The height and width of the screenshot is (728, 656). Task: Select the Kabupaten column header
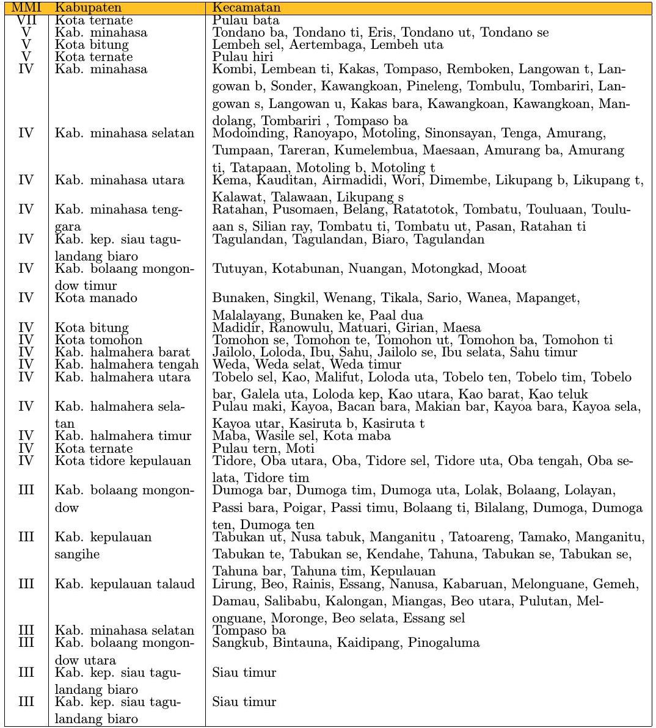(x=88, y=8)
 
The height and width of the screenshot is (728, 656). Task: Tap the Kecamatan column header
(x=246, y=8)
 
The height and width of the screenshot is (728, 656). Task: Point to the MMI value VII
(x=26, y=20)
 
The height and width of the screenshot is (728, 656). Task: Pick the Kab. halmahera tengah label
(x=127, y=364)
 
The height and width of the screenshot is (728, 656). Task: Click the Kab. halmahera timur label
(x=123, y=436)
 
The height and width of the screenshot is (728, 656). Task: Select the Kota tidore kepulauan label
(x=123, y=460)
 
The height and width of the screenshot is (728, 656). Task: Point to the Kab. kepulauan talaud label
(x=125, y=584)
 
